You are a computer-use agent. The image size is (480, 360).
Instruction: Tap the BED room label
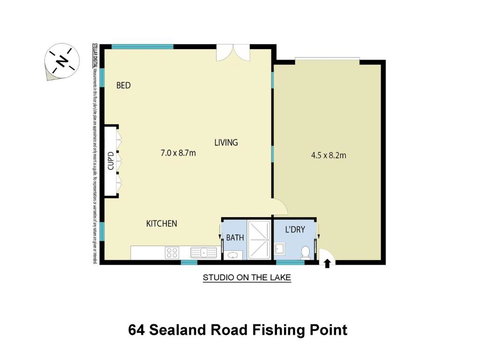coord(124,86)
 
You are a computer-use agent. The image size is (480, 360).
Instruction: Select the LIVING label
coord(226,143)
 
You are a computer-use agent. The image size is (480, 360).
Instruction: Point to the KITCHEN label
coord(162,223)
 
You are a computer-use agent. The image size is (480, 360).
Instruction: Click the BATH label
coord(235,238)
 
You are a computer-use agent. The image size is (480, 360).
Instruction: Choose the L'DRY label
coord(296,230)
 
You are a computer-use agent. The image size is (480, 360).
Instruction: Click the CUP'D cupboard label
coord(111,160)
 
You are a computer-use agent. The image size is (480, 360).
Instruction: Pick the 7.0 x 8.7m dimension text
coord(178,154)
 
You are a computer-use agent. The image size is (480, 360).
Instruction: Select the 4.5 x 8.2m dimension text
coord(329,154)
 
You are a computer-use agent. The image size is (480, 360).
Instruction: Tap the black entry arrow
coord(330,264)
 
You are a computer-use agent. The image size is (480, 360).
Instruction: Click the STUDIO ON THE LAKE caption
coord(246,279)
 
